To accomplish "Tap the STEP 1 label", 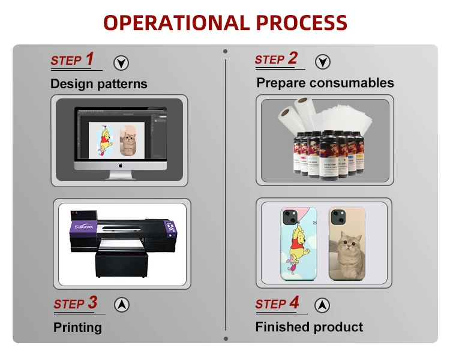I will [72, 59].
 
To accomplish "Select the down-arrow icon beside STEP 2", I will [323, 61].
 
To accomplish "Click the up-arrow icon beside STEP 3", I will [122, 304].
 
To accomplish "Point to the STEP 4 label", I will [277, 303].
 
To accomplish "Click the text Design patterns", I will [98, 83].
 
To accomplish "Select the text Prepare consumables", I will [325, 83].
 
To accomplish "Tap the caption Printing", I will [77, 327].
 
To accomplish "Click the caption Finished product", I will [309, 327].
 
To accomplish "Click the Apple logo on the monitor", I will [120, 164].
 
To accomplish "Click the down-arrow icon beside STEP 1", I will [121, 62].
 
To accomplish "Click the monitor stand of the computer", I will [121, 175].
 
